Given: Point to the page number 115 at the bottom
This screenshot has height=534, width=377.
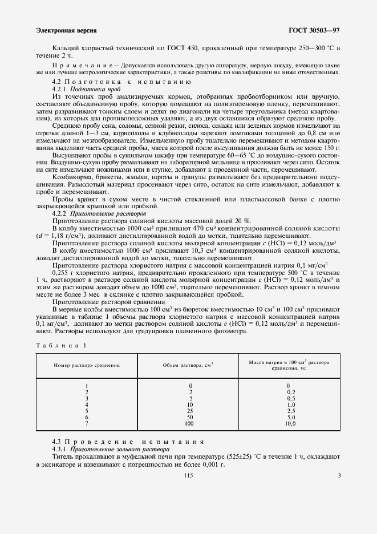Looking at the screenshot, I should coord(188,475).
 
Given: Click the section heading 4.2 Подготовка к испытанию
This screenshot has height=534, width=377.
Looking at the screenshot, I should coord(121,82).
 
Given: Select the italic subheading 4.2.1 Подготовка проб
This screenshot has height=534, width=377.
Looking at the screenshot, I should coord(86,90).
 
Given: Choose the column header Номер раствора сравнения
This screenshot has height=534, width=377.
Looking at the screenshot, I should coord(87,365).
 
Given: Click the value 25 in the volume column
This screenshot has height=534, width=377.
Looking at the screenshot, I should coord(190,411).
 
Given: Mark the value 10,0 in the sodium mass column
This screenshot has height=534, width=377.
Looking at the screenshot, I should coord(290,424).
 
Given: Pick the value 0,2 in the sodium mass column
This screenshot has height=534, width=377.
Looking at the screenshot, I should coord(290,392).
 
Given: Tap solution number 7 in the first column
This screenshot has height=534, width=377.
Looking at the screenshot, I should coord(87,424).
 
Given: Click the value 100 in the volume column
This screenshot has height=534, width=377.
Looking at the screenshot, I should coord(190,424).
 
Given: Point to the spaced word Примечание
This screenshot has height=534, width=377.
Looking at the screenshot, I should coord(80,66).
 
